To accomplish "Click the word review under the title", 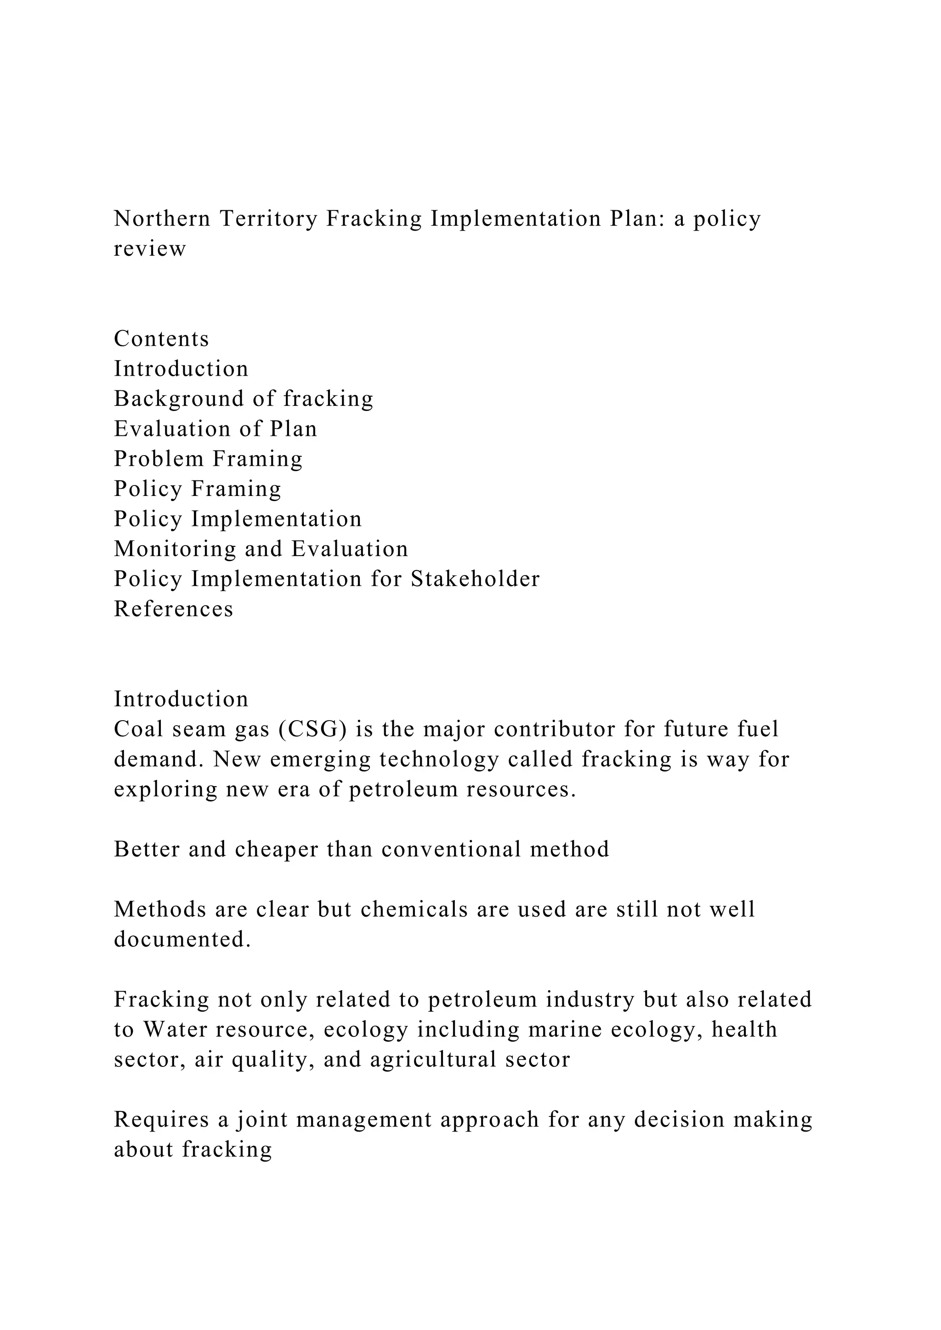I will tap(149, 249).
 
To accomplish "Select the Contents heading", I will tap(161, 339).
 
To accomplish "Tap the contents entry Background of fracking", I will tap(244, 399).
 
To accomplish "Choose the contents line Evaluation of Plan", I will tap(215, 429).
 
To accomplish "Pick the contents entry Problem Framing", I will tap(208, 459).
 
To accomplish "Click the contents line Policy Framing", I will tap(198, 489).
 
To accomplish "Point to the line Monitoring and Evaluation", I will tap(261, 549).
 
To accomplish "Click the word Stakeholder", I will tap(475, 579).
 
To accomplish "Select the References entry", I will tap(173, 609).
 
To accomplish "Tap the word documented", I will tap(182, 940).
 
